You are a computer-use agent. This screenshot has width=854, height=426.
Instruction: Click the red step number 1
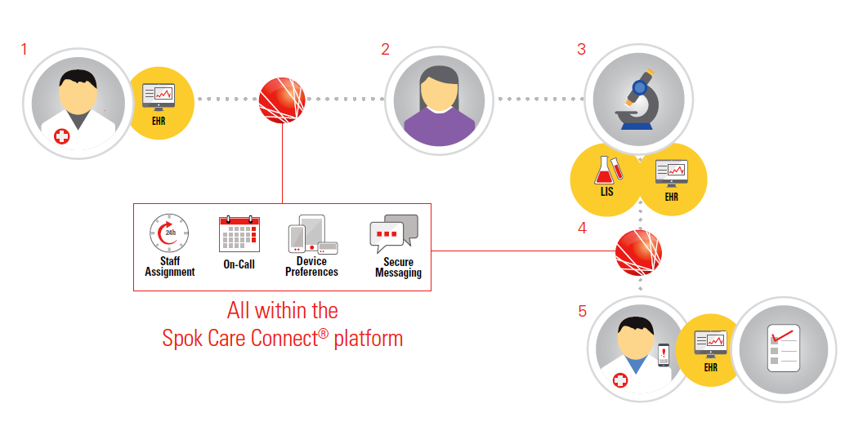point(24,50)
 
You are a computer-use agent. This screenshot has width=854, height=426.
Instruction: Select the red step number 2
point(385,50)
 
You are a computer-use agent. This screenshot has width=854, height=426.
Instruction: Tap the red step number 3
point(581,50)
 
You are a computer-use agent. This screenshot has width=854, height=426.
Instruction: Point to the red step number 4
point(582,229)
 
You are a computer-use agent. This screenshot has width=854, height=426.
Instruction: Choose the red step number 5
point(582,311)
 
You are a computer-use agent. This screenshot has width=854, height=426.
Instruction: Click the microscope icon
point(639,99)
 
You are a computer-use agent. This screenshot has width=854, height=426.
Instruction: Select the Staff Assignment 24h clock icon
point(169,233)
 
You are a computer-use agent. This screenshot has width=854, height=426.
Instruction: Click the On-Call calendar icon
point(239,233)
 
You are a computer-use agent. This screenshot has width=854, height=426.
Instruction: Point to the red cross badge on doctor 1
point(61,136)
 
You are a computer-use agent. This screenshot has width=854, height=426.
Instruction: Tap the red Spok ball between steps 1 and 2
point(282,99)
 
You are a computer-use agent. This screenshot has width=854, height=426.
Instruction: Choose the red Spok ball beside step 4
point(638,252)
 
